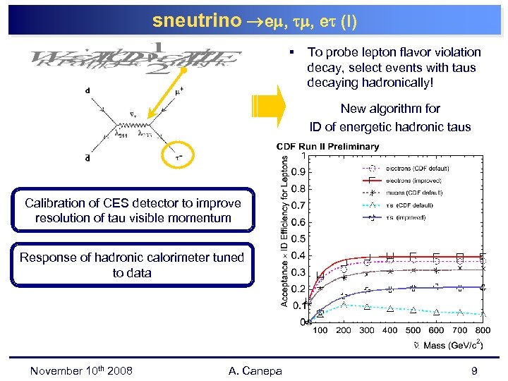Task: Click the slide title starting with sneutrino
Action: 254,21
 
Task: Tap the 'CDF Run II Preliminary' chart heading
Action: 331,147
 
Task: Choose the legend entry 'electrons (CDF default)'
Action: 416,169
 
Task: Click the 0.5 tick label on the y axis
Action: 300,239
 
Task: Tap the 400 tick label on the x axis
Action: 389,331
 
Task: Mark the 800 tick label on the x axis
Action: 483,331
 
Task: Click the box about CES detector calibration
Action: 133,211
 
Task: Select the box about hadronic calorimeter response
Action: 133,265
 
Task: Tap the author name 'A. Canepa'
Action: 255,370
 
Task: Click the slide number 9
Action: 475,370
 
